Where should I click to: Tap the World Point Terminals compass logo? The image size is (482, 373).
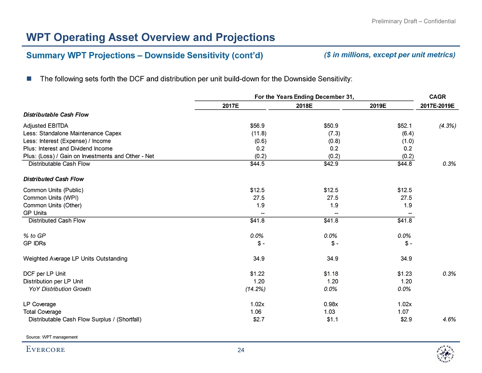tap(442, 355)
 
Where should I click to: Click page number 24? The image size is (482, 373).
tap(241, 350)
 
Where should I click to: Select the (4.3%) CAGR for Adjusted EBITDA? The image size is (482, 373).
tap(448, 125)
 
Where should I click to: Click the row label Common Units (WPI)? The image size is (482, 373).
tap(51, 198)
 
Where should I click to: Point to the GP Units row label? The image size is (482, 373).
tap(35, 213)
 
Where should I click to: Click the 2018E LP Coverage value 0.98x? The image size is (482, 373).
tap(331, 304)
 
